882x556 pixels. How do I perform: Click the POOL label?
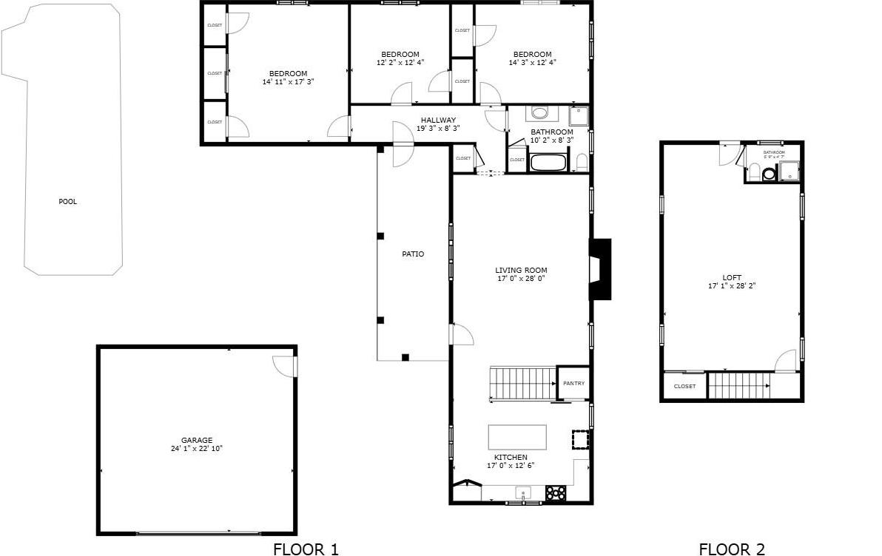(68, 202)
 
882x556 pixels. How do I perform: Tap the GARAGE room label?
(197, 440)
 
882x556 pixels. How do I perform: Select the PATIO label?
(413, 254)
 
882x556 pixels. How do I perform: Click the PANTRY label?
(573, 384)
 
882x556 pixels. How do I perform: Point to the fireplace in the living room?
(599, 269)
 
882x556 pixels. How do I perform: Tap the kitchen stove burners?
(556, 492)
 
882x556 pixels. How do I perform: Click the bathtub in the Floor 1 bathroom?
(548, 162)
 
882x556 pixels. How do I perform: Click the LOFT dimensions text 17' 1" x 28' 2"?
(732, 285)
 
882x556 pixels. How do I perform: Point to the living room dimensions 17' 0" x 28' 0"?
(521, 279)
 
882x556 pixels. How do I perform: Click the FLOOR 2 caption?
(732, 549)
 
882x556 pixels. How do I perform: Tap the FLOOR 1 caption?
(306, 549)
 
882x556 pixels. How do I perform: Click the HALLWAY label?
(438, 120)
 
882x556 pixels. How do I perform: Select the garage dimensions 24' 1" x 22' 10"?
(197, 449)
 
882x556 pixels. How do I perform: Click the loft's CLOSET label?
(684, 387)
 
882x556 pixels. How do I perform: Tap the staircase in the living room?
(522, 383)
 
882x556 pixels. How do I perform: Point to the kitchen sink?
(524, 492)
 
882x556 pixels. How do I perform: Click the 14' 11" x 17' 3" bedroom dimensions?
(288, 82)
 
